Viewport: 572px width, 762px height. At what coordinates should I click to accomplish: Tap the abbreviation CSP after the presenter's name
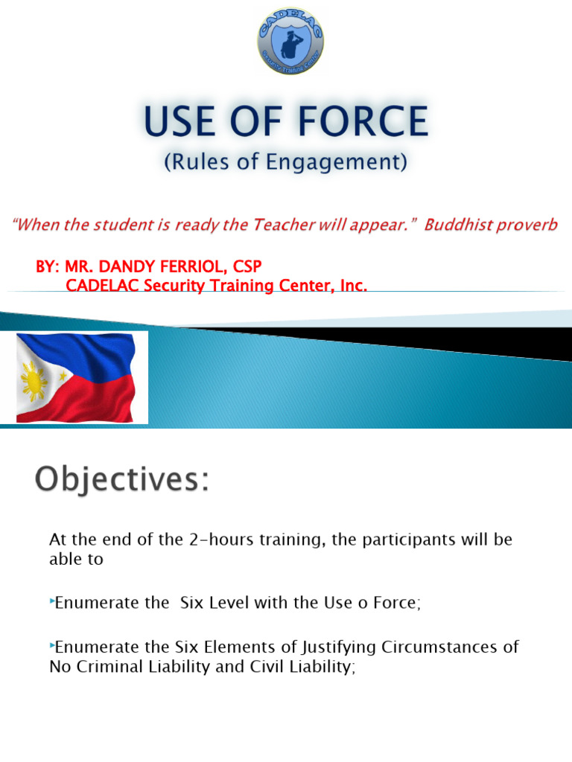[247, 266]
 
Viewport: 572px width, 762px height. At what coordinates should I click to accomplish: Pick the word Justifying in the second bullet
[293, 647]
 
